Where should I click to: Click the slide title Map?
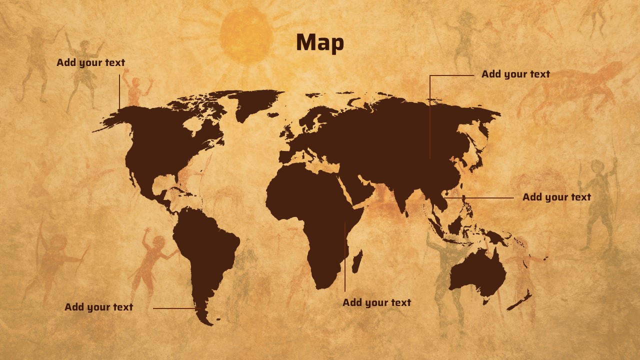[320, 42]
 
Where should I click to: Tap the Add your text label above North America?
[90, 63]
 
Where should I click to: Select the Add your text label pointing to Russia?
[515, 74]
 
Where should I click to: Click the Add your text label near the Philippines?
[556, 197]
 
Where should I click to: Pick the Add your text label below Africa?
[376, 303]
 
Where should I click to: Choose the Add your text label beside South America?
[98, 307]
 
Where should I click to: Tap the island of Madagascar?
[357, 261]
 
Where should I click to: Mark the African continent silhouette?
[315, 220]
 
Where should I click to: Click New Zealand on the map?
[520, 300]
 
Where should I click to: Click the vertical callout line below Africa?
[344, 260]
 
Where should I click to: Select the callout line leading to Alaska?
[119, 92]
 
